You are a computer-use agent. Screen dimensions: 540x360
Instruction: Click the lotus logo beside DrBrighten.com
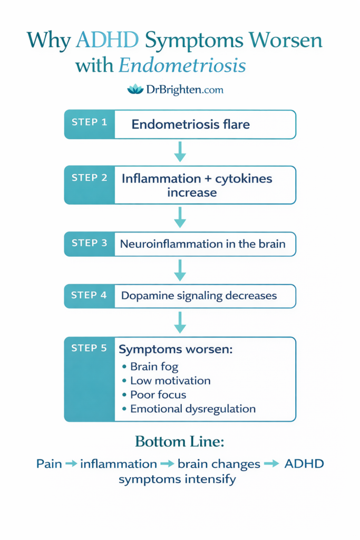135,90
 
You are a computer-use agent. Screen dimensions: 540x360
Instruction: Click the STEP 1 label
89,122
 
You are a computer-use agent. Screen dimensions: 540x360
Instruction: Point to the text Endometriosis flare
190,124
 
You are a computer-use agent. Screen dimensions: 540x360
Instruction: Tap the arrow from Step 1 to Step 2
180,151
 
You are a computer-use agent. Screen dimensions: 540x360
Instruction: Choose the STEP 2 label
89,178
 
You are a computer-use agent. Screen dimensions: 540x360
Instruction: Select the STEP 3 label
89,243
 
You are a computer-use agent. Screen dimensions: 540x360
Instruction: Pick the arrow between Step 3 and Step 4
180,269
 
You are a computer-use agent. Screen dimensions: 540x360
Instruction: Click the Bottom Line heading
180,441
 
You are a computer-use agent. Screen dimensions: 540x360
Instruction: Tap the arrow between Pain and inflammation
71,464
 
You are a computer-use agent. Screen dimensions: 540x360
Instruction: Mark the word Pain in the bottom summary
49,464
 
